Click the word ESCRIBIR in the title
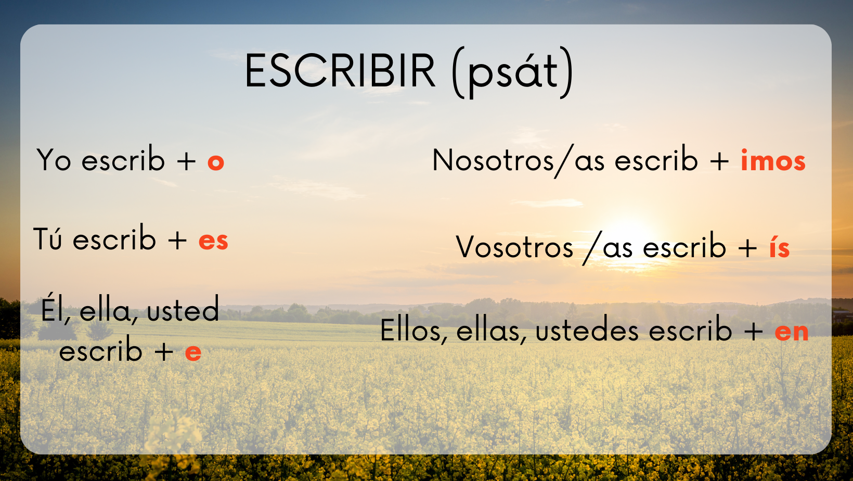coord(340,71)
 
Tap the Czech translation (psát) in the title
coord(512,72)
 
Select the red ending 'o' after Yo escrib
coord(215,162)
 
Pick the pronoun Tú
coord(48,238)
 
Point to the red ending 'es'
coord(213,241)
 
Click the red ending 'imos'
coord(773,160)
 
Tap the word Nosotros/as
coord(518,161)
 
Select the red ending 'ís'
coord(779,247)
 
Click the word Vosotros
coord(514,247)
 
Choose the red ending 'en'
coord(791,332)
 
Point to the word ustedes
coord(587,330)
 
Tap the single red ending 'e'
coord(193,353)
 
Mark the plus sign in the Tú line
coord(177,241)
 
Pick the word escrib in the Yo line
coord(123,159)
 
